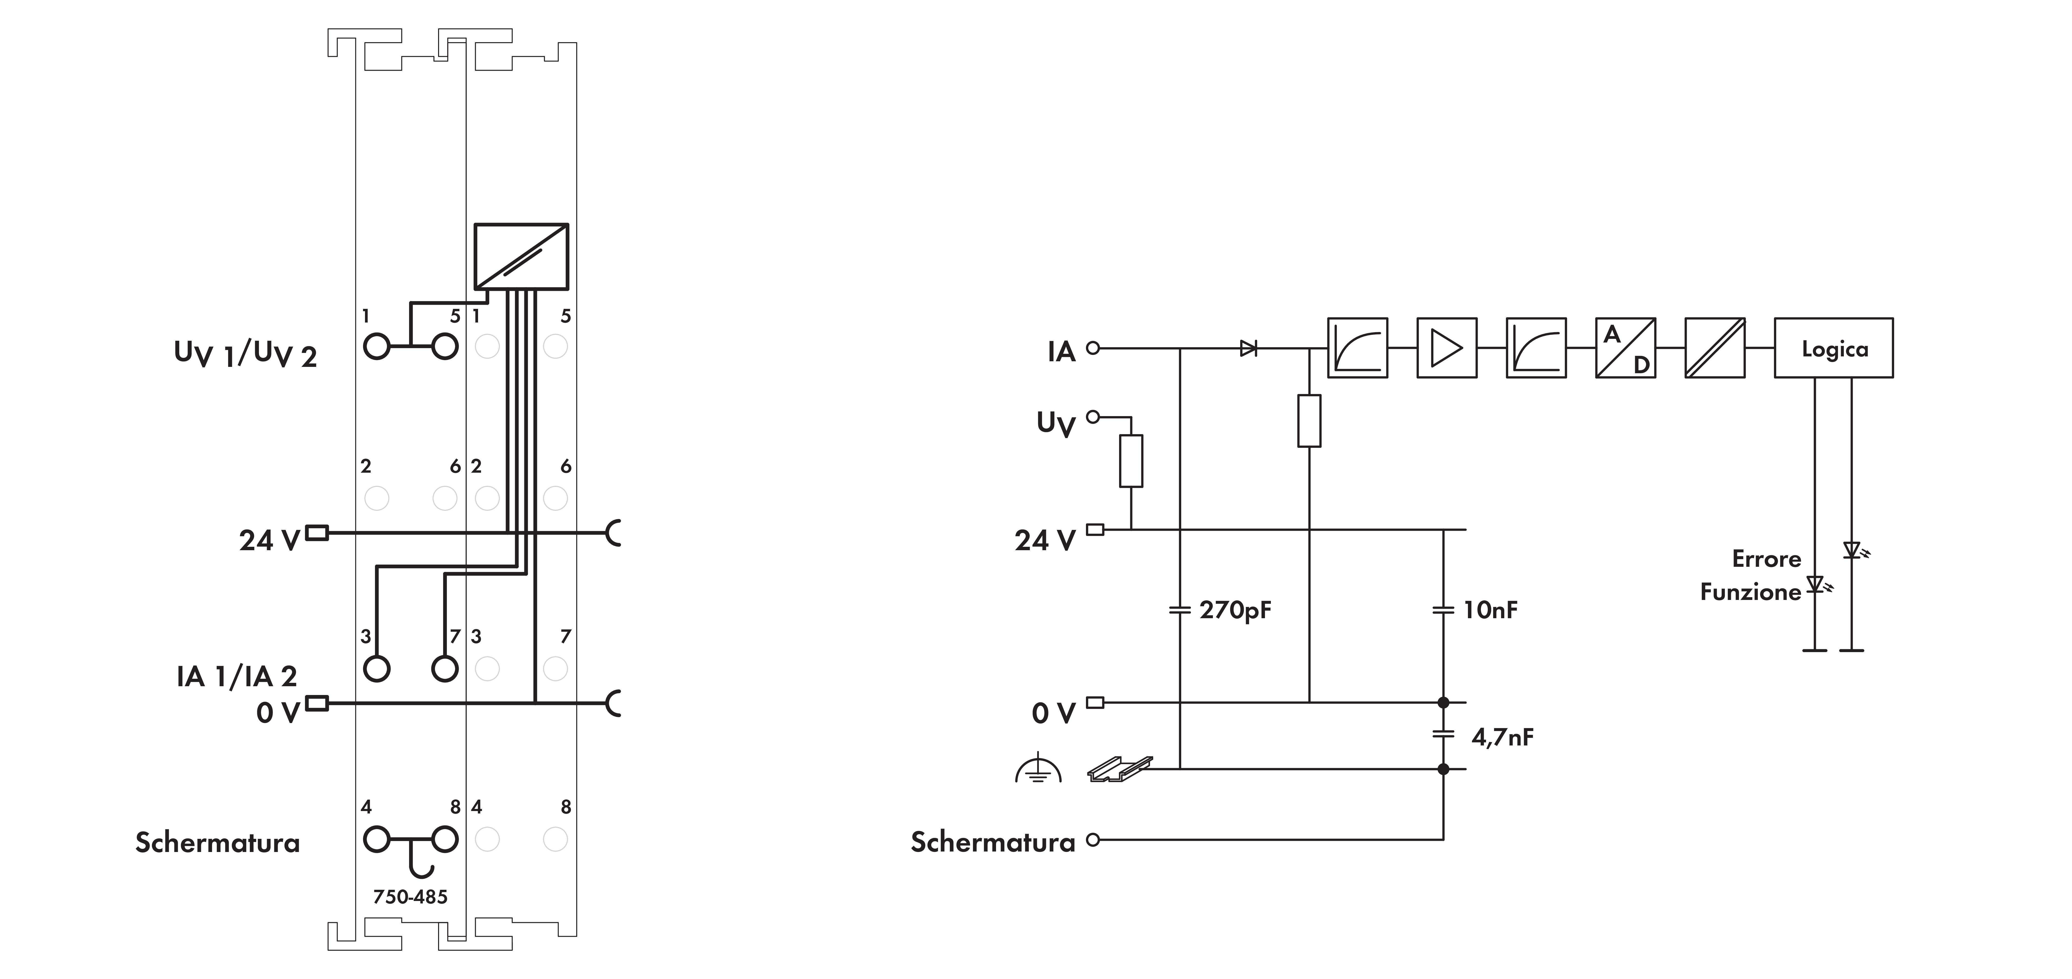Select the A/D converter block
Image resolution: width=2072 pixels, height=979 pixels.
click(x=1625, y=348)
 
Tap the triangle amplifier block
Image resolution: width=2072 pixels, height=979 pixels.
click(x=1446, y=348)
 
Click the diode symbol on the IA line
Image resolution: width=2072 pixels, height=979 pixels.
click(x=1248, y=348)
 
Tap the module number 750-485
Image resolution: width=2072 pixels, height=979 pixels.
click(x=410, y=896)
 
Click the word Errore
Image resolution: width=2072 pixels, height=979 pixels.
click(x=1766, y=559)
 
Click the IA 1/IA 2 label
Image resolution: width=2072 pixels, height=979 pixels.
click(x=237, y=676)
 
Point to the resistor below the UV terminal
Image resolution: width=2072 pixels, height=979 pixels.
click(x=1131, y=461)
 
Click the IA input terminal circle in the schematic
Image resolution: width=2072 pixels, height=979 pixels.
click(x=1092, y=348)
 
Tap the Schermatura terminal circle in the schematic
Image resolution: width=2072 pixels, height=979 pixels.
click(x=1092, y=840)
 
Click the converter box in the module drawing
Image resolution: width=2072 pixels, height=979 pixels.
click(x=521, y=256)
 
